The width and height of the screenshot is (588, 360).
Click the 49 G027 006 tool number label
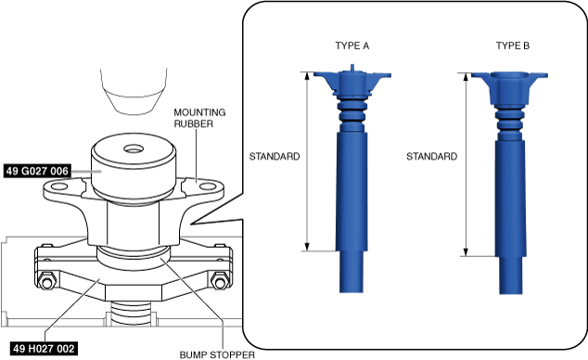pyautogui.click(x=37, y=171)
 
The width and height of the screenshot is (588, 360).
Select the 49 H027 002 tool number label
pyautogui.click(x=44, y=349)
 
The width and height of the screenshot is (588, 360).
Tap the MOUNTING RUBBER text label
pyautogui.click(x=199, y=118)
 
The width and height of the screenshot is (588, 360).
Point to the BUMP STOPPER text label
pyautogui.click(x=217, y=354)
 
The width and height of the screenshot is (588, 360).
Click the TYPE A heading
pyautogui.click(x=352, y=45)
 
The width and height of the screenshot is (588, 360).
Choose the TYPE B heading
pyautogui.click(x=513, y=45)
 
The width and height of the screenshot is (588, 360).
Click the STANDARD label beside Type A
pyautogui.click(x=275, y=157)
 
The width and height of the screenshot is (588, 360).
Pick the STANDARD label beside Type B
pyautogui.click(x=432, y=157)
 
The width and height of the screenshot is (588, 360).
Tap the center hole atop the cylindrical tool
pyautogui.click(x=134, y=149)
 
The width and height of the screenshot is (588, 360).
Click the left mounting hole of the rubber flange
pyautogui.click(x=59, y=186)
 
